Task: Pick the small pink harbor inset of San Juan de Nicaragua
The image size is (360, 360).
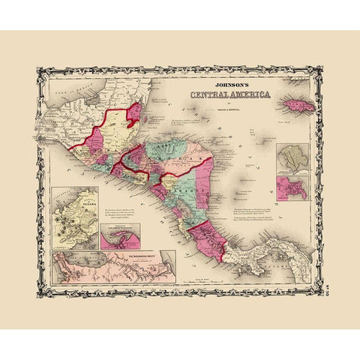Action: click(x=120, y=238)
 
